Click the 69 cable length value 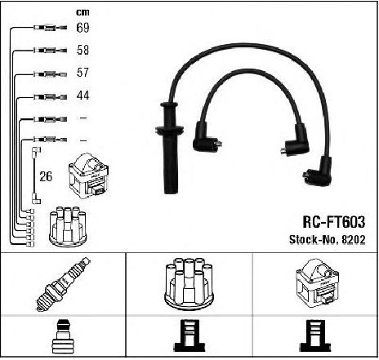point(82,28)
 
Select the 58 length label point(82,50)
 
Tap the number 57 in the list point(82,73)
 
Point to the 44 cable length point(82,96)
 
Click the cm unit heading point(82,12)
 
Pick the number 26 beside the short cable point(46,176)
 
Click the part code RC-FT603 point(334,222)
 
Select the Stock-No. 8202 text point(328,239)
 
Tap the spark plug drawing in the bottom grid point(64,284)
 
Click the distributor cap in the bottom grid point(189,284)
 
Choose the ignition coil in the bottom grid point(317,284)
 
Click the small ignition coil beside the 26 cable point(89,176)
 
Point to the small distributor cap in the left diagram point(68,227)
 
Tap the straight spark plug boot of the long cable point(170,147)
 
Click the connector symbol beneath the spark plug point(63,337)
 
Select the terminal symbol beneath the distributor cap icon point(189,336)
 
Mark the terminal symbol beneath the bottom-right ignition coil point(315,336)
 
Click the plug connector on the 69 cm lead point(50,28)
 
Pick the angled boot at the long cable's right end point(319,171)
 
